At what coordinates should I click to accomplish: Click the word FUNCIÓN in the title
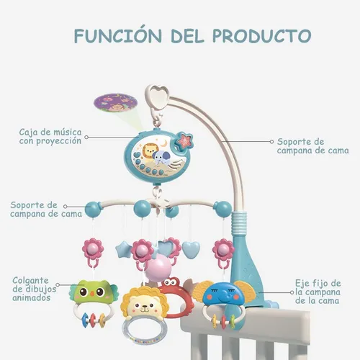coord(118,36)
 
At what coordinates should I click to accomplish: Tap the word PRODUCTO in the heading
coord(261,36)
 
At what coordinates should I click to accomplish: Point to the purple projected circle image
coord(115,104)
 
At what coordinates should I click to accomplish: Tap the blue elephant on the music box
coord(161,158)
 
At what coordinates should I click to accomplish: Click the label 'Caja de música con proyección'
coord(50,136)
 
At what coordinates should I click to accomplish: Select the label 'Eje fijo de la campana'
coord(318,292)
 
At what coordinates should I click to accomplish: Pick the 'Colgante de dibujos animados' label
coord(34,289)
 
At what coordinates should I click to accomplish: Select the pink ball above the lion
coord(158,269)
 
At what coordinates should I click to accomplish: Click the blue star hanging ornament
coord(123,250)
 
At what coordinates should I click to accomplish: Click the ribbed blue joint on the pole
coord(239,222)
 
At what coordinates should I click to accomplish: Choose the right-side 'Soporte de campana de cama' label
coord(312,146)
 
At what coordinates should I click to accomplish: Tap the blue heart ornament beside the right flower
coord(191,249)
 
